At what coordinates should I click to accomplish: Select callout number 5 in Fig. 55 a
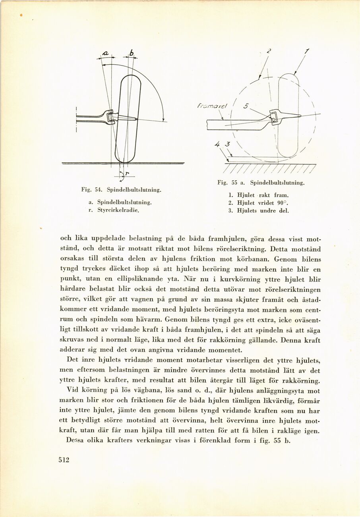pyautogui.click(x=246, y=106)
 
